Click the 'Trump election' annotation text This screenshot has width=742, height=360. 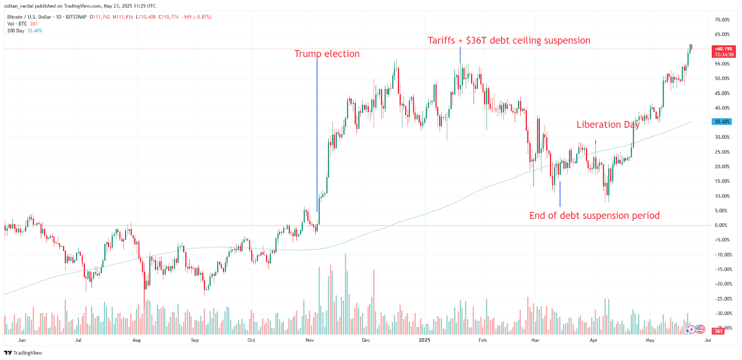(327, 54)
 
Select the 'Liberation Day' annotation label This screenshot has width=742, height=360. (608, 124)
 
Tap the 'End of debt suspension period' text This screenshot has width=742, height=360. (594, 215)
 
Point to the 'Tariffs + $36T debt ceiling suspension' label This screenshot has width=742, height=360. (509, 40)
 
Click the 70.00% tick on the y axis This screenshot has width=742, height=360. (722, 20)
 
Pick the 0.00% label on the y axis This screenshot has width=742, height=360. (721, 225)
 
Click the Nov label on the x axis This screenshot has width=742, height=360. (309, 340)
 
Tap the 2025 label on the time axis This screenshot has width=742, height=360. (424, 340)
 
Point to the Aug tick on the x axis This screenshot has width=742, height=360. (136, 340)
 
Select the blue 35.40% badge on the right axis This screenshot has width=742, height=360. (722, 122)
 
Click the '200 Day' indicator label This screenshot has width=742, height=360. (16, 31)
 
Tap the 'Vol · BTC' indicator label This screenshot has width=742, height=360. (17, 24)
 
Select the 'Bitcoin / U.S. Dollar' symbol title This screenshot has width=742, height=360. (29, 17)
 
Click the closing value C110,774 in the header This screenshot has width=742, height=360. (168, 17)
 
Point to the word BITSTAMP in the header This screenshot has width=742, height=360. (76, 17)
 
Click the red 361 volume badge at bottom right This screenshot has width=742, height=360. (718, 331)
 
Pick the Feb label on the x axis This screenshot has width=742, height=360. (482, 340)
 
